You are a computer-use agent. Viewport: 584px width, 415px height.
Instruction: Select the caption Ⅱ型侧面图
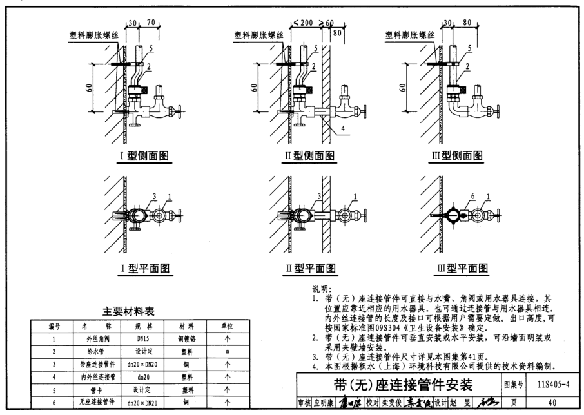click(x=311, y=155)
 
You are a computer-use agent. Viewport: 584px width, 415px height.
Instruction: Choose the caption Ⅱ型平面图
click(x=311, y=268)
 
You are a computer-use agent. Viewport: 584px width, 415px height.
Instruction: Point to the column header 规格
click(x=140, y=326)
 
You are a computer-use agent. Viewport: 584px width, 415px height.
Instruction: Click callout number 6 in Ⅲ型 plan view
click(x=454, y=196)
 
